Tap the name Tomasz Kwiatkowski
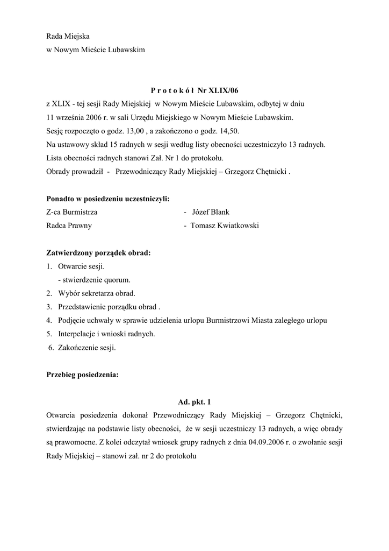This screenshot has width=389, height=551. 224,225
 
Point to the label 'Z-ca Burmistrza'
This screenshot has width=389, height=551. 72,212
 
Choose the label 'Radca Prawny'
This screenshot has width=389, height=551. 69,225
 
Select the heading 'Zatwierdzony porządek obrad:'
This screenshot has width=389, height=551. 98,253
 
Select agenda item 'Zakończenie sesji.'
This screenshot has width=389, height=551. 87,348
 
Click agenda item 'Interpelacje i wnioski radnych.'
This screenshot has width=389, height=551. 106,334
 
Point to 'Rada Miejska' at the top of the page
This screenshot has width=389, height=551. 68,36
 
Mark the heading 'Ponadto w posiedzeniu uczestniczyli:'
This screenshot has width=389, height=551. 108,199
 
